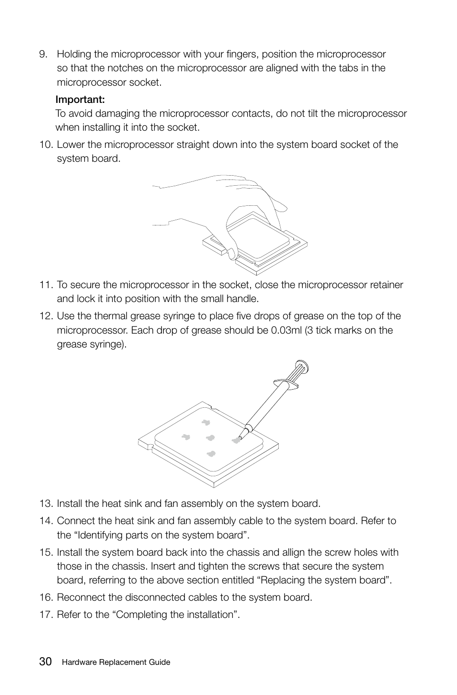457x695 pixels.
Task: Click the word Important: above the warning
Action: pyautogui.click(x=80, y=100)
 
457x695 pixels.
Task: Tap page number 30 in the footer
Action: pyautogui.click(x=46, y=661)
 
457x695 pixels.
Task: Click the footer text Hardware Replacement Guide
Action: pyautogui.click(x=116, y=662)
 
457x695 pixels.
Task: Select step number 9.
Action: pyautogui.click(x=44, y=55)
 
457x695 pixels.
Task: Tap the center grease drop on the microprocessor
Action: pyautogui.click(x=210, y=437)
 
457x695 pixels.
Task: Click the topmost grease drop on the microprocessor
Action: pyautogui.click(x=206, y=422)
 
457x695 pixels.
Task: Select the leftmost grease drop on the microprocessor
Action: pyautogui.click(x=186, y=437)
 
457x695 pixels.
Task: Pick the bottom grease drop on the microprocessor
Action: pyautogui.click(x=211, y=454)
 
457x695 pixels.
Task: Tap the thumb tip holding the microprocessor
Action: pyautogui.click(x=231, y=252)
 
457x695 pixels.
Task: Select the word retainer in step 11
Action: pyautogui.click(x=387, y=285)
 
